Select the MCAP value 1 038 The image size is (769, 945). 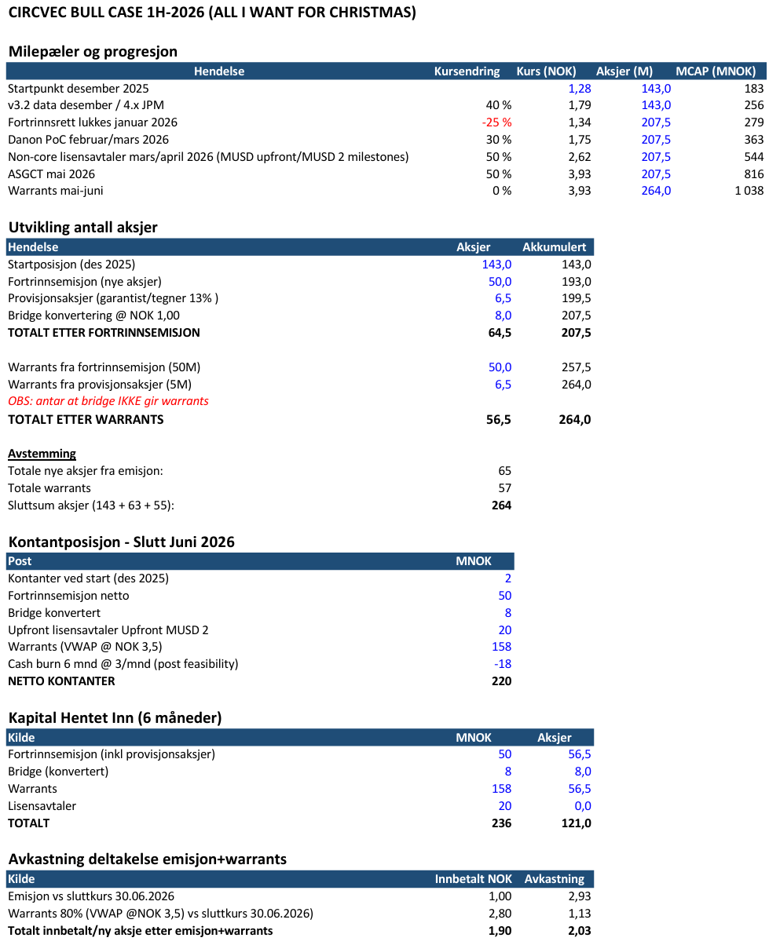tap(749, 191)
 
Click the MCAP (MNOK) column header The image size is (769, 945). tap(720, 71)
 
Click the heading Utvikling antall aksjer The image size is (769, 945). tap(82, 228)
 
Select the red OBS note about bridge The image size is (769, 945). tap(108, 401)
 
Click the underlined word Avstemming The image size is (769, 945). tap(42, 454)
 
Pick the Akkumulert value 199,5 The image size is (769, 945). tap(575, 299)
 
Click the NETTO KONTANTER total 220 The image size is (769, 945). tap(501, 681)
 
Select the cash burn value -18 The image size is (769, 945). tap(502, 664)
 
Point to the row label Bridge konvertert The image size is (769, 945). tap(54, 613)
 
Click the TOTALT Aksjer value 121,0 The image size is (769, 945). tap(575, 823)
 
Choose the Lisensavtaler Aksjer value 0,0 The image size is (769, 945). tap(581, 806)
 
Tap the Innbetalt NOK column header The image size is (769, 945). tap(473, 879)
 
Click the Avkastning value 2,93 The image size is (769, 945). tap(578, 896)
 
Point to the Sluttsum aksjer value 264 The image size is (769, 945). tap(501, 505)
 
